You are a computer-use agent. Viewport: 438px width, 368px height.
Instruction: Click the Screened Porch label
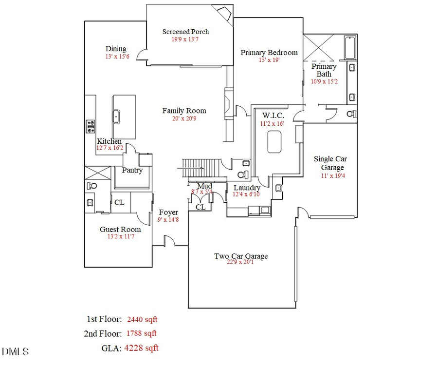point(185,32)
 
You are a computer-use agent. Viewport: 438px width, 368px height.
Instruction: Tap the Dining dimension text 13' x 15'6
point(117,57)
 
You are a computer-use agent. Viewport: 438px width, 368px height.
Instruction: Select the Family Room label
point(184,111)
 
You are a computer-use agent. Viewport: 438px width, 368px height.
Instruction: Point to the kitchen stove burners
point(90,127)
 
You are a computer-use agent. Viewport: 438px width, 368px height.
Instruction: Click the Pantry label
point(132,170)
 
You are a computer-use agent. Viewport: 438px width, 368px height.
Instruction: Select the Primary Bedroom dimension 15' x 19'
point(269,60)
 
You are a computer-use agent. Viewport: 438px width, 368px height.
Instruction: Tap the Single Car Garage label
point(330,163)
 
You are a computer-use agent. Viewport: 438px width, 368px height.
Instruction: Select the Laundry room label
point(247,188)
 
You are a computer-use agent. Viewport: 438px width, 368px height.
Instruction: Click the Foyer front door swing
point(168,240)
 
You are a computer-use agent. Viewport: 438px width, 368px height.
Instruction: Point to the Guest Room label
point(120,229)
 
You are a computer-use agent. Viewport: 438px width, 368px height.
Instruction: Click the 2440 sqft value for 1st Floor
point(142,320)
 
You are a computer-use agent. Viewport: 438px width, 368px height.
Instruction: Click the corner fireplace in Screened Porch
point(225,12)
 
